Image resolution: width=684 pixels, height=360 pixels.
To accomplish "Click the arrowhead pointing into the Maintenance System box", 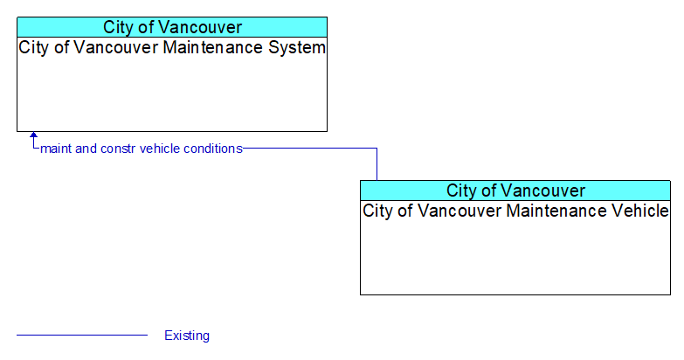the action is coord(33,135).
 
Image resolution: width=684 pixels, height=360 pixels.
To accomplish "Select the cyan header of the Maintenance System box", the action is coord(172,27).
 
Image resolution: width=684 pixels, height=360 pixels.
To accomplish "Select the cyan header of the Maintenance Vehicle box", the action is coord(515,190).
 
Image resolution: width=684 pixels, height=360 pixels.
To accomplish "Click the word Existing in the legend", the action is coord(187,336).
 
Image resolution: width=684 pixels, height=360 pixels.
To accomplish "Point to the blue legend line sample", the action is coord(82,336).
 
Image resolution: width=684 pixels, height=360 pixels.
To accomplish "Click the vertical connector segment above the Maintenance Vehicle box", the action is coord(377,164).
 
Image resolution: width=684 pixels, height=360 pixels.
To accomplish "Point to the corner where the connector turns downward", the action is coord(377,149).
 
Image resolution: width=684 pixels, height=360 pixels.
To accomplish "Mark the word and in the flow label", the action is coord(86,149).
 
